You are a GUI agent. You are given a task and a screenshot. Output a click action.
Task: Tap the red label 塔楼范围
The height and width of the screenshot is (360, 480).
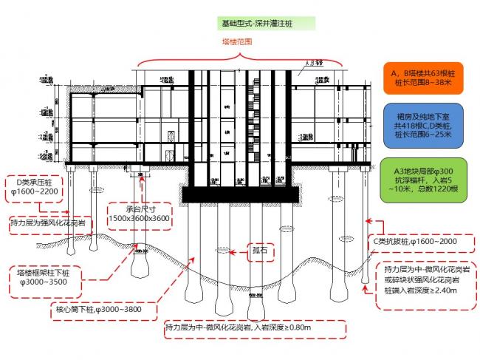236,42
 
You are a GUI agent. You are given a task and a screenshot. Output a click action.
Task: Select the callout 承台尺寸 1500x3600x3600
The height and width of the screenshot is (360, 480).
138,214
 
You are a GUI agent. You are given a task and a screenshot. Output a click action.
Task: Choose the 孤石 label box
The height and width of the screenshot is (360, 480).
258,252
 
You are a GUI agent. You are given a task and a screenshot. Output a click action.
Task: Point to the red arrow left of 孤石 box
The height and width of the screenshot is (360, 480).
234,253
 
